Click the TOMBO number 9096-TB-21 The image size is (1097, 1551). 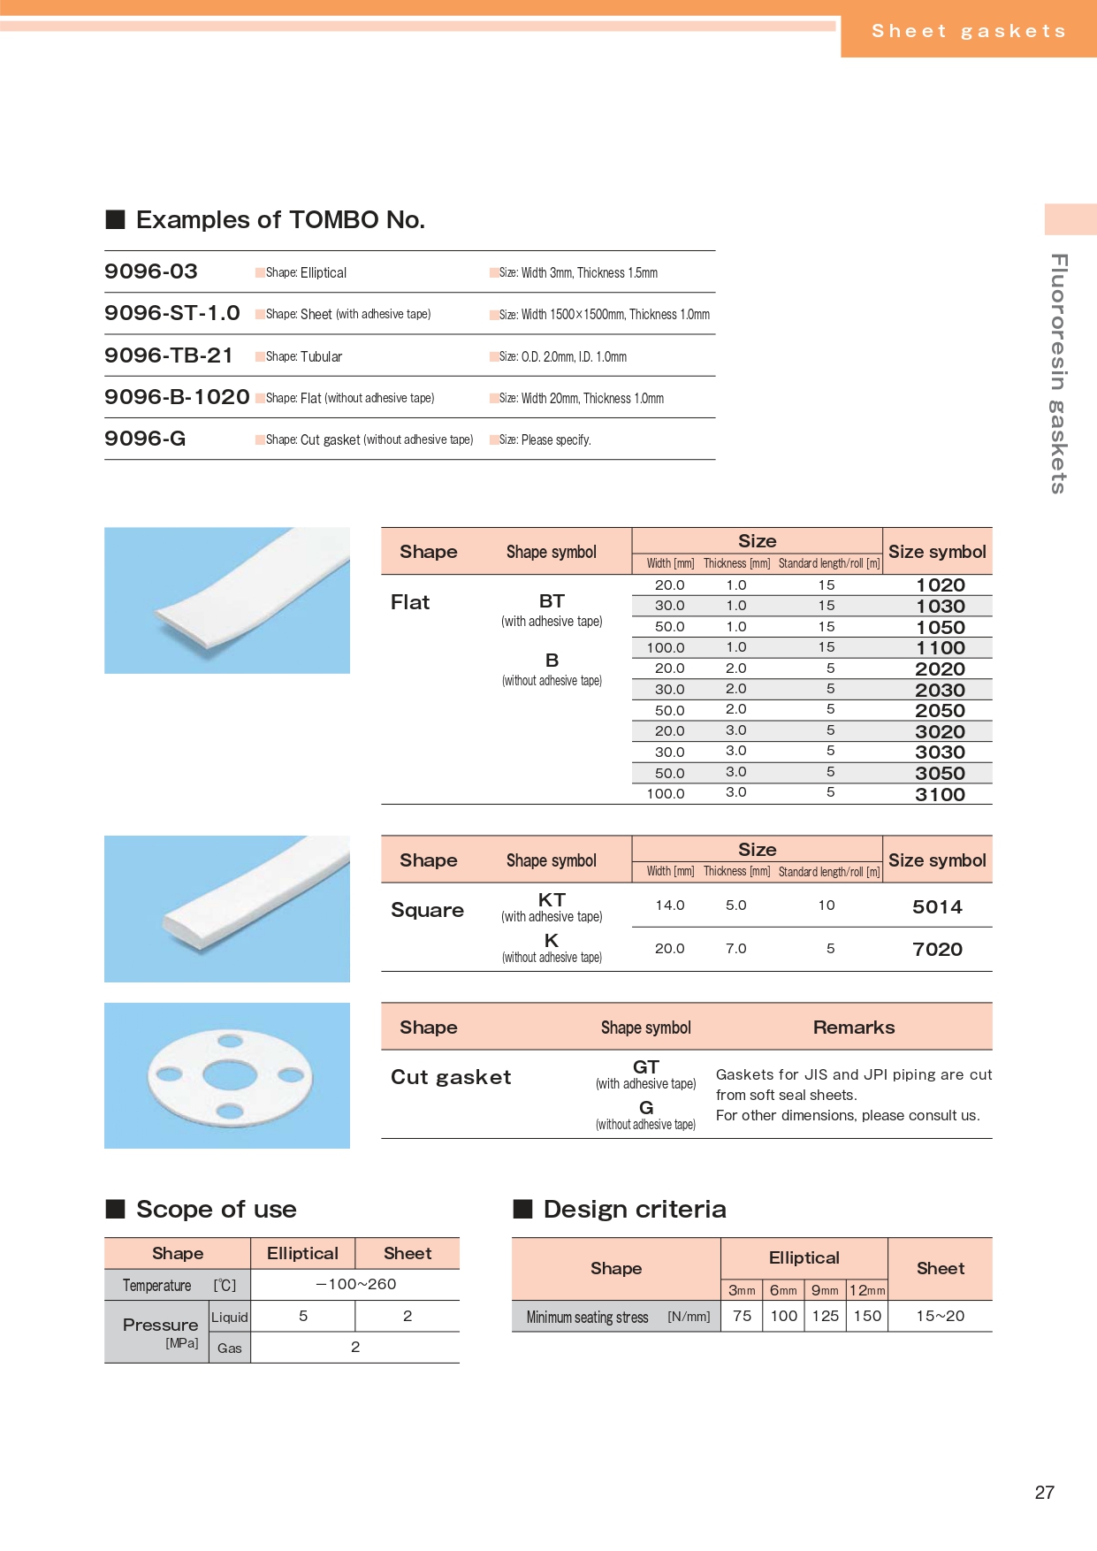[168, 355]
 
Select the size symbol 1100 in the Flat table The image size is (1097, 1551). [940, 648]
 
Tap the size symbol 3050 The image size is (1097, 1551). [940, 774]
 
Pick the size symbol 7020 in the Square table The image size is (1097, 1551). [937, 950]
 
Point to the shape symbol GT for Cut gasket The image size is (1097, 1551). [645, 1067]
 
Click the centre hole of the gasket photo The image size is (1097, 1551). [229, 1075]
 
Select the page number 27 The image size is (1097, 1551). [1044, 1493]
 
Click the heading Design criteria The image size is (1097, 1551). [634, 1210]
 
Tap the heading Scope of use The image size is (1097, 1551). [216, 1210]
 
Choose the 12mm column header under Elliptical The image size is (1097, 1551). [866, 1290]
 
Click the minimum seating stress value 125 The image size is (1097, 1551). [825, 1316]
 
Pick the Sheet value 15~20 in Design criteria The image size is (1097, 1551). [940, 1316]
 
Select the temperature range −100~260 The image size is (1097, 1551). [355, 1284]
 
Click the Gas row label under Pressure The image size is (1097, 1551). [230, 1348]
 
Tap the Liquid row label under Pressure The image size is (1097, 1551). [230, 1317]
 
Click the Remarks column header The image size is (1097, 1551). [853, 1028]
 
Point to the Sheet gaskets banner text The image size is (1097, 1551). [968, 32]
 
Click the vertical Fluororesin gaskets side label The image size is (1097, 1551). [1059, 373]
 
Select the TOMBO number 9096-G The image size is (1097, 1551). [145, 439]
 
